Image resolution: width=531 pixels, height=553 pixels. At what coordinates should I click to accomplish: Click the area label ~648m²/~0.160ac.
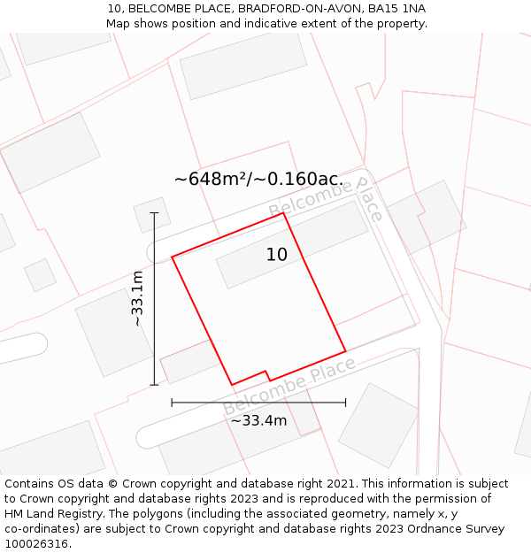[258, 179]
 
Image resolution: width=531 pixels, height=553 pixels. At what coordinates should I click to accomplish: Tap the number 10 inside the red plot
[277, 255]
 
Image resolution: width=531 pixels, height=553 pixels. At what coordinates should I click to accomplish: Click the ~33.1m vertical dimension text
[137, 299]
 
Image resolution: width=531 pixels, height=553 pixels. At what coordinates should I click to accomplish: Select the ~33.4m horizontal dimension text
[258, 420]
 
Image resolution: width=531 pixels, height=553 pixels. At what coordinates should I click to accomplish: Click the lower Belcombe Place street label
[289, 387]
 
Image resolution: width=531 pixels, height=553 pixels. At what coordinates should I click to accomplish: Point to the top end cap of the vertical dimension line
[154, 213]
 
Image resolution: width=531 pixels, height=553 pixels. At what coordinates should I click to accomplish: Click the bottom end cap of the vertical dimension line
[154, 385]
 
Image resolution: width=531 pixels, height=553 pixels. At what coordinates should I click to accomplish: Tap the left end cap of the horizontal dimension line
[172, 403]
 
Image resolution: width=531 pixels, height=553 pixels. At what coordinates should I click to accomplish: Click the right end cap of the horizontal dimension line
[345, 403]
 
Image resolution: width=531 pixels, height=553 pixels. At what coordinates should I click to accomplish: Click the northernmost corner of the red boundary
[282, 213]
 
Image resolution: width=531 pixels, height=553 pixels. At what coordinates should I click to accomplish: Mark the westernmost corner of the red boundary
[172, 257]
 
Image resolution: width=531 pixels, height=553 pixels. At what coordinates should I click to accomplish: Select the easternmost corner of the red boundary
[345, 350]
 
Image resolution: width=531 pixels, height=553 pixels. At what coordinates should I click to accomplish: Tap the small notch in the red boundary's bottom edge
[267, 374]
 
